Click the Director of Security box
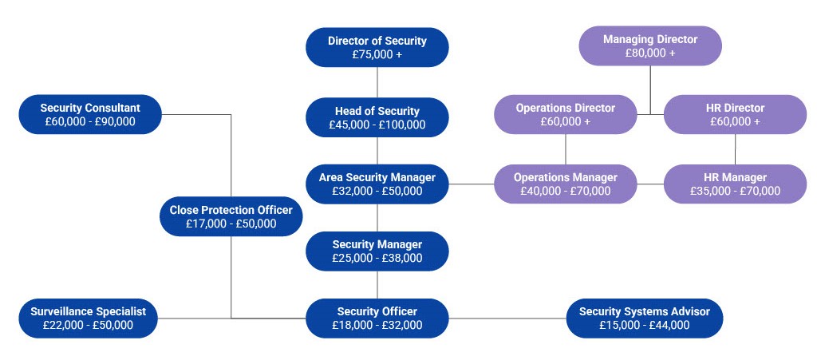pyautogui.click(x=377, y=47)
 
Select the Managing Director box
pyautogui.click(x=650, y=45)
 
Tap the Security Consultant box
pyautogui.click(x=90, y=115)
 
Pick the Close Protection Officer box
pyautogui.click(x=231, y=217)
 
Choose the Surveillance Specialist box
pyautogui.click(x=88, y=318)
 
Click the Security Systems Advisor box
pyautogui.click(x=645, y=318)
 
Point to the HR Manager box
pyautogui.click(x=735, y=184)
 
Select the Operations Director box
pyautogui.click(x=566, y=115)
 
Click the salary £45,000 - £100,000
pyautogui.click(x=377, y=125)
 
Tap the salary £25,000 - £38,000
pyautogui.click(x=377, y=258)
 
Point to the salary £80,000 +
pyautogui.click(x=650, y=53)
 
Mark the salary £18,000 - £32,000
pyautogui.click(x=377, y=325)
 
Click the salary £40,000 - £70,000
pyautogui.click(x=566, y=191)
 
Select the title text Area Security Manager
pyautogui.click(x=377, y=177)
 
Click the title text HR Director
pyautogui.click(x=735, y=108)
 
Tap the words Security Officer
pyautogui.click(x=377, y=311)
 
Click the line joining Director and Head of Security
pyautogui.click(x=377, y=82)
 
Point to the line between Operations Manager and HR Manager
pyautogui.click(x=650, y=184)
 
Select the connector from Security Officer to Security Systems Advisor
pyautogui.click(x=507, y=318)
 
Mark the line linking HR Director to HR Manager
pyautogui.click(x=735, y=149)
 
